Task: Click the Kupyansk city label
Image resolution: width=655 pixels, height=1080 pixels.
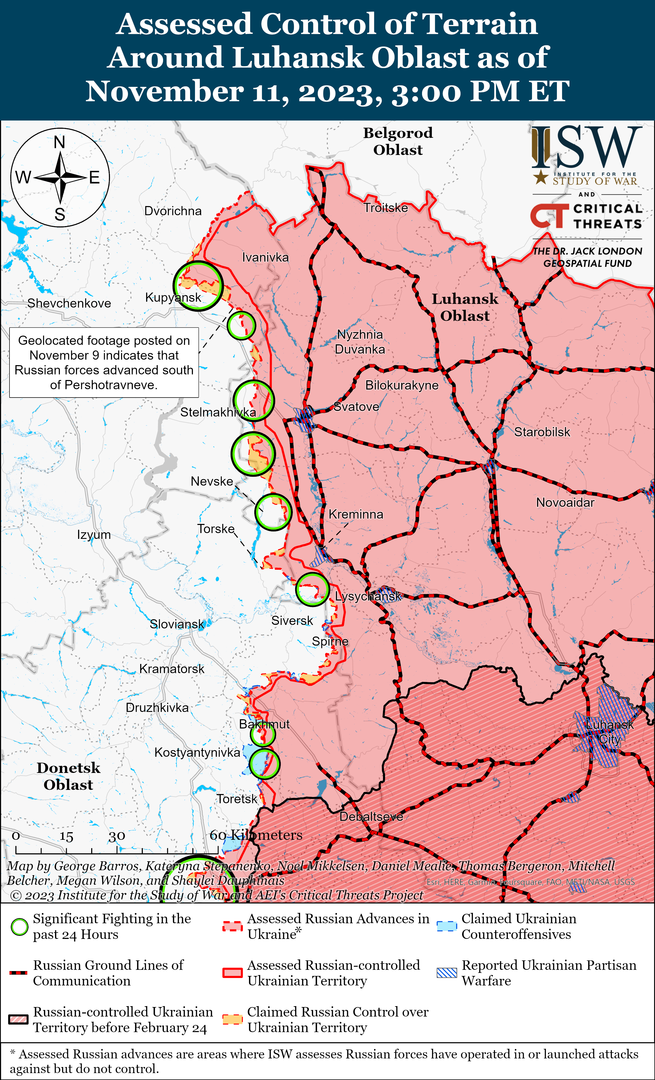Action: click(x=173, y=298)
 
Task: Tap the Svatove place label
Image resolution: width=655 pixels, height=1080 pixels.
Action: click(x=356, y=407)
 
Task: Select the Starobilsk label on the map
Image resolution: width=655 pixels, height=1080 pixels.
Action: click(x=542, y=432)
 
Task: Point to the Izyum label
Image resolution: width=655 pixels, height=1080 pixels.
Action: click(x=94, y=535)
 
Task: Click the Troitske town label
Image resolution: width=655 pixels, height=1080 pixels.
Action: click(x=386, y=208)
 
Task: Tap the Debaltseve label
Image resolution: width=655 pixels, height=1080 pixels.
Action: click(x=371, y=817)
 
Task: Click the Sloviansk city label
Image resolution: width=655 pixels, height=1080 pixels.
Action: click(x=177, y=624)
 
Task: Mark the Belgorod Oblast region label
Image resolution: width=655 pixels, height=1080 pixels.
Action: click(x=398, y=141)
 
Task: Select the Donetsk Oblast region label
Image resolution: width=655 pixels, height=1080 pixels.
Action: click(x=68, y=776)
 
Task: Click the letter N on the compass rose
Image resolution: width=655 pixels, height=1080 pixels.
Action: click(x=60, y=142)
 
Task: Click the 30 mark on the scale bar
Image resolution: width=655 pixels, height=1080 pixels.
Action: click(x=117, y=837)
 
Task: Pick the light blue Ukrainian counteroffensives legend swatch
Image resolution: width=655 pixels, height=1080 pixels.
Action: click(x=447, y=926)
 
